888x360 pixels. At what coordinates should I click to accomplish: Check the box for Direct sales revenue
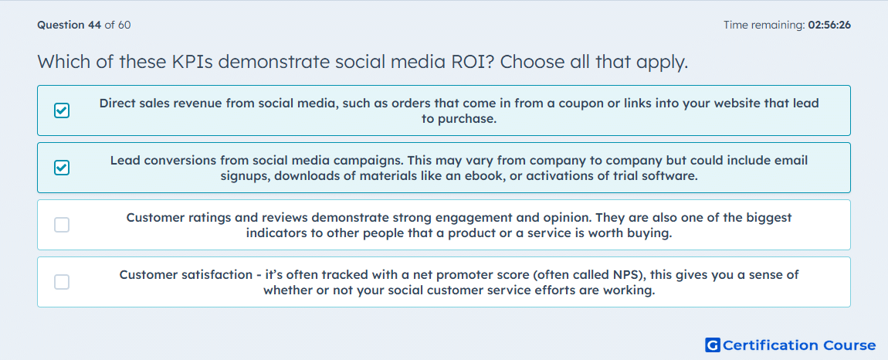[x=62, y=110]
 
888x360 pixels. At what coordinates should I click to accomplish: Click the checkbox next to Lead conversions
[x=62, y=168]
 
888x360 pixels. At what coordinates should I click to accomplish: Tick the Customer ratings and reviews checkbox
[x=62, y=225]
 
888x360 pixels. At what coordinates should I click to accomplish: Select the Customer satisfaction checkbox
[x=62, y=282]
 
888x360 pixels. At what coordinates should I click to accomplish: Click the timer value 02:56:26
[x=829, y=25]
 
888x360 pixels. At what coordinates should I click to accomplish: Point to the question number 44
[x=94, y=25]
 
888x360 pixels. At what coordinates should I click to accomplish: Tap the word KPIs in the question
[x=192, y=62]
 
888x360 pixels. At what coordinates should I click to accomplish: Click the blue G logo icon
[x=713, y=345]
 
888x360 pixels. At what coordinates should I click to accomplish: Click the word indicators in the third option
[x=273, y=233]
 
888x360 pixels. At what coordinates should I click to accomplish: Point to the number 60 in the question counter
[x=124, y=25]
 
